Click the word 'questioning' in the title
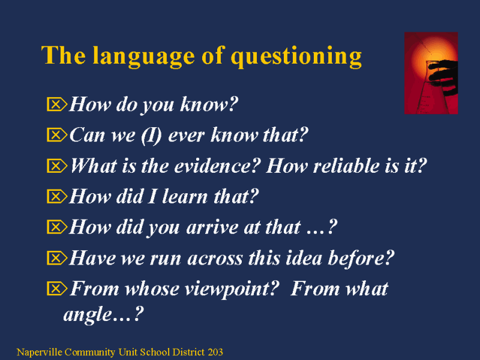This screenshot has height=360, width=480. coord(296,57)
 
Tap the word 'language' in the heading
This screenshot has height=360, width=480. coord(143,56)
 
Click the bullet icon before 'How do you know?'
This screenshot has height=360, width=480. coord(57,104)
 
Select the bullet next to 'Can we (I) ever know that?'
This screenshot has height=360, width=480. coord(57,134)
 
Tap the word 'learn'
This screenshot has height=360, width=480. coord(185,196)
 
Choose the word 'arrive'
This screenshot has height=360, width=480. coord(212,227)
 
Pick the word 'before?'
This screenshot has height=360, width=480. coord(361,258)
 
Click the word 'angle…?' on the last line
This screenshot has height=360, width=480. coord(103,314)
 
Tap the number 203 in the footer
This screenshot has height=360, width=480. coord(215,352)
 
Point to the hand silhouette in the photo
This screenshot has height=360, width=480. coord(443,76)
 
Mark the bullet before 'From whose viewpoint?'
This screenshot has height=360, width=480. coord(57,289)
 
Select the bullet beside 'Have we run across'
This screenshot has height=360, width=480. coord(57,258)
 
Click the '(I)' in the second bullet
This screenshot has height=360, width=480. coord(151,136)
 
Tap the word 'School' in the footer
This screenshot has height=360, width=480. coord(156,352)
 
